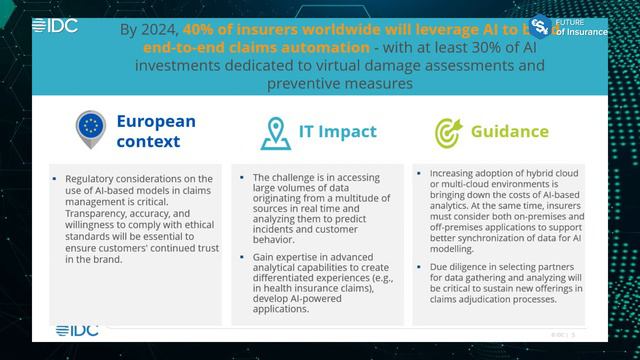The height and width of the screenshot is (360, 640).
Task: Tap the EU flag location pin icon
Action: [x=91, y=129]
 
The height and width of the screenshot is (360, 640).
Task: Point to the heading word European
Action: [x=156, y=121]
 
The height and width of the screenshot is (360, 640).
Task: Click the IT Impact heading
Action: [x=338, y=131]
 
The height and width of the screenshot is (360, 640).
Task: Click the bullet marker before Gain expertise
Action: [x=243, y=257]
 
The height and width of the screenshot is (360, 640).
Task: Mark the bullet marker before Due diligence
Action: [x=419, y=268]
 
